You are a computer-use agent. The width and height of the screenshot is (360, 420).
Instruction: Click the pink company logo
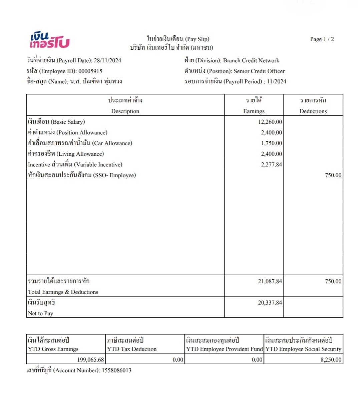point(49,40)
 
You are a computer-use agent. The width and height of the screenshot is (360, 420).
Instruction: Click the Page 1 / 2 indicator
point(322,39)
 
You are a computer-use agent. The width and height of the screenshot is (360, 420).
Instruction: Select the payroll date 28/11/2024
point(107,60)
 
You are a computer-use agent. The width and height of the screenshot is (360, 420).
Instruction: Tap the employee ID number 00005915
point(90,71)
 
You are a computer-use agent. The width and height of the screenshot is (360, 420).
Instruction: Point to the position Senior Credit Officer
point(259,71)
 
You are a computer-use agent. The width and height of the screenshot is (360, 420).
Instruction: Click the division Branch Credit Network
point(251,60)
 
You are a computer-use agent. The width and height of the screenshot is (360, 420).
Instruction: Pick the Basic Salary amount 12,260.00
point(270,122)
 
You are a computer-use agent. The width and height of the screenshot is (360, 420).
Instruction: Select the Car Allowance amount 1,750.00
point(271,143)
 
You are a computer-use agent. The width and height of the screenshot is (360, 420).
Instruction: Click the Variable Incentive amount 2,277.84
point(271,164)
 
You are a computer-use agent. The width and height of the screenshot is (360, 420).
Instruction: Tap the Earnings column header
point(254,111)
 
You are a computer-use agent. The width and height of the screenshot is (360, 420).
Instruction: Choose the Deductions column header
point(313,111)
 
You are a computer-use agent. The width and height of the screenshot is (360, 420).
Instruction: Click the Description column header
point(125,111)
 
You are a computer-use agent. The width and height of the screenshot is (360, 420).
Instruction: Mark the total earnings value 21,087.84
point(270,281)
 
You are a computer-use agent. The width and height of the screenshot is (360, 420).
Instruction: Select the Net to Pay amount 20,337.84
point(270,303)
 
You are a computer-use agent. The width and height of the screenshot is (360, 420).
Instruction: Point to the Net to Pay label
point(41,313)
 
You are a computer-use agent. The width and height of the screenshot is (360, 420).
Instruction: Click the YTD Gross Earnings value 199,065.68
point(90,360)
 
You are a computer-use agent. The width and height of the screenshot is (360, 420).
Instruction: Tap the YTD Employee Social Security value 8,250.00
point(331,360)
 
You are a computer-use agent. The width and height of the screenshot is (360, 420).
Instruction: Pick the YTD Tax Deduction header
point(132,349)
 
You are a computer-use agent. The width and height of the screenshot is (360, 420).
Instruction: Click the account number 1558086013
point(116,370)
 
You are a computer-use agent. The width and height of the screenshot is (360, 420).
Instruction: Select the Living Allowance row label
point(66,154)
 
